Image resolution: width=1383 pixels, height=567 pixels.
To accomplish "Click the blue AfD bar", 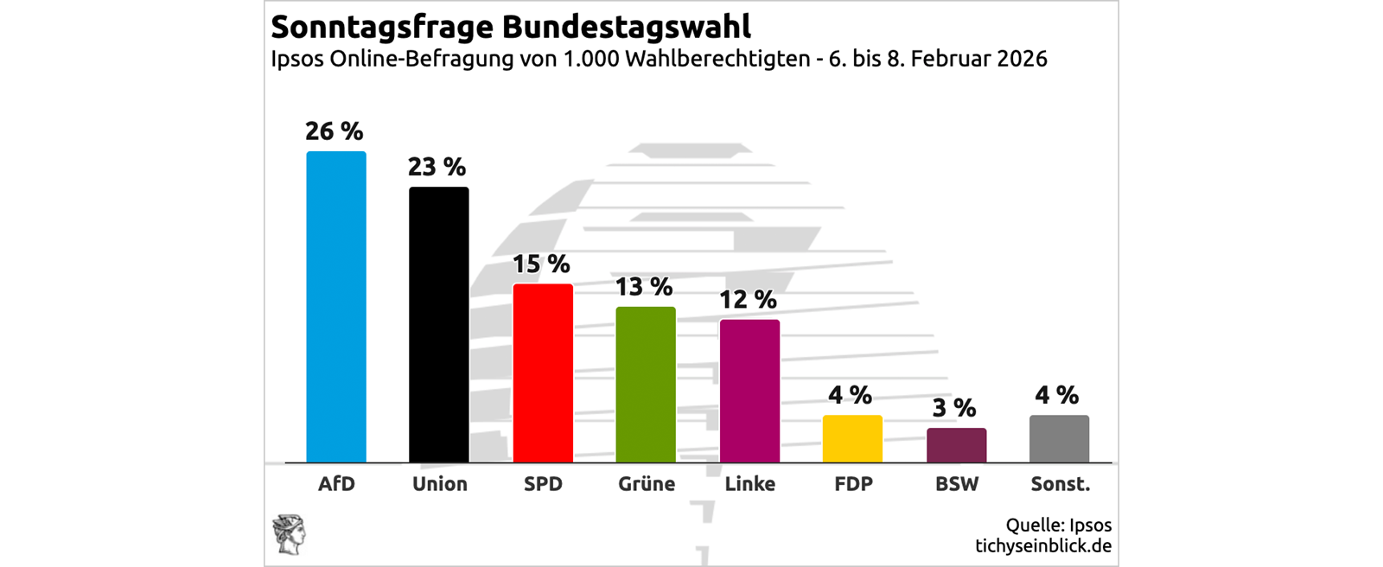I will coord(336,307).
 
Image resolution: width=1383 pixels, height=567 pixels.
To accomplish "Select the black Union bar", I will coord(439,324).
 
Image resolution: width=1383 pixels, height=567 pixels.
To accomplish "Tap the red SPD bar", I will coord(543,373).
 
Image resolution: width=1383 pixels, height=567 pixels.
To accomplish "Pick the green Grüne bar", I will coord(646,385).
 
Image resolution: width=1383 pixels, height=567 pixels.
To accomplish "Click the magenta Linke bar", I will coord(749,391).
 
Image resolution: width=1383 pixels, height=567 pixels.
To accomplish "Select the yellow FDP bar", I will coord(852,439).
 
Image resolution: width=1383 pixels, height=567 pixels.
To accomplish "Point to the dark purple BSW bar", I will coord(956,445).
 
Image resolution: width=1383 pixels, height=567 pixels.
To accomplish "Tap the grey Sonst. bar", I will coord(1059,439).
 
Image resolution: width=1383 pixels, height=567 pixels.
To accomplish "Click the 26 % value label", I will coord(335,131).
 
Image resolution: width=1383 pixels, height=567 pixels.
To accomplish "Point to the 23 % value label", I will coord(437,167).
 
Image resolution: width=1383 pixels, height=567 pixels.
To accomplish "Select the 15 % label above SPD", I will coord(541,264).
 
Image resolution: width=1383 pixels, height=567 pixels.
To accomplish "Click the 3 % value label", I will coord(954,408).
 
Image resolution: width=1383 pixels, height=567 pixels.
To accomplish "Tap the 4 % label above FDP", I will coord(851,395).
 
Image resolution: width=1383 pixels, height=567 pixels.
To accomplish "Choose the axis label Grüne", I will coord(647,484).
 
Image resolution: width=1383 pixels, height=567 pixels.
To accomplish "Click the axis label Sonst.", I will coord(1061,484).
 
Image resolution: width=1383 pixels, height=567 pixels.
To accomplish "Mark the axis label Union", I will coord(440,484).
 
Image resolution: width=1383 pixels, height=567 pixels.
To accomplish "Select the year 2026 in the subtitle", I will coord(1022,59).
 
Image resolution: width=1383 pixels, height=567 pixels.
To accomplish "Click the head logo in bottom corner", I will coord(290,533).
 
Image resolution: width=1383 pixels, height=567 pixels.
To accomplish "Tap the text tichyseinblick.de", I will coord(1043,546).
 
